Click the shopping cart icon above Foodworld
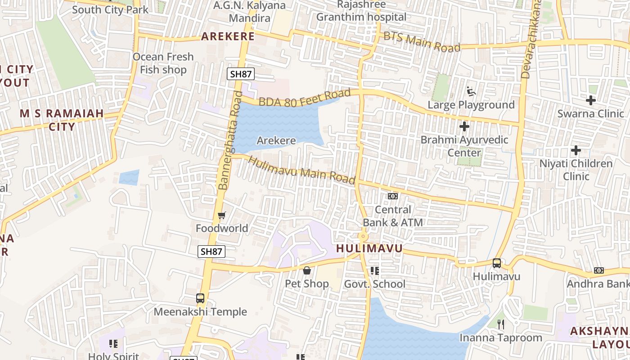point(221,216)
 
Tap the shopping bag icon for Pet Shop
point(307,270)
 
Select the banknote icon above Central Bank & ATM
point(393,196)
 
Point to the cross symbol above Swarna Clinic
point(590,100)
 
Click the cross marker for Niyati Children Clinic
point(576,150)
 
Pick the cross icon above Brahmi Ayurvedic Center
point(464,126)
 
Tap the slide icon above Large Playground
point(471,91)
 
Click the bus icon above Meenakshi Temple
point(200,298)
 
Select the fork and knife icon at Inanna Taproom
point(500,324)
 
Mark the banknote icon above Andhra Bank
point(598,270)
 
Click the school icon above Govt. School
point(374,271)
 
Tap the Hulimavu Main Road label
point(301,170)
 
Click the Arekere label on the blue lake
point(276,140)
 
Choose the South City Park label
point(110,9)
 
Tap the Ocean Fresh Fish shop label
point(163,63)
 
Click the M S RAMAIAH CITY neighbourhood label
point(62,120)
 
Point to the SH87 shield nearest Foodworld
point(211,252)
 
